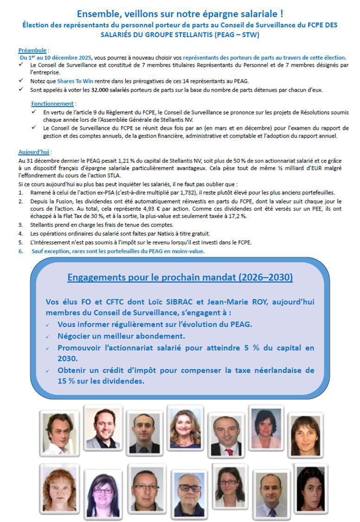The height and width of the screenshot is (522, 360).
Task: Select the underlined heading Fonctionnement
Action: click(x=52, y=104)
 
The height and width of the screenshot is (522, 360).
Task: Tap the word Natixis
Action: click(x=150, y=233)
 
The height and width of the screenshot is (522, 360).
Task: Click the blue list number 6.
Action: click(x=20, y=251)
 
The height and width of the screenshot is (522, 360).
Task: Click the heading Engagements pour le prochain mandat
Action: click(x=180, y=277)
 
